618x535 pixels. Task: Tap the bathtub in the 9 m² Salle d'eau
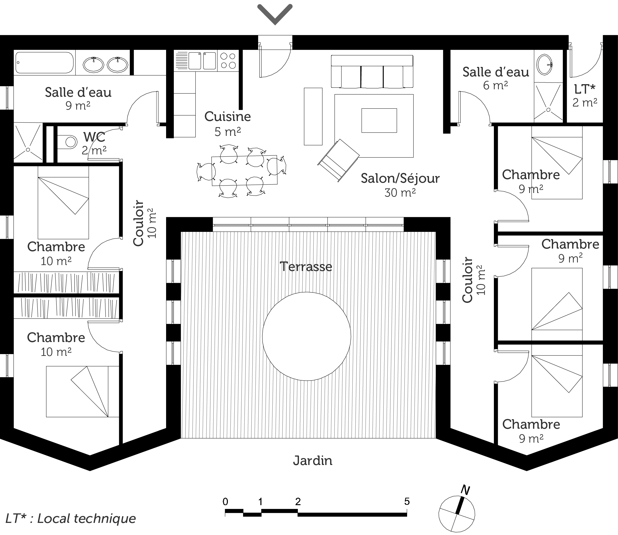(45, 62)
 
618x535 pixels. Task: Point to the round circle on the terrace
(306, 336)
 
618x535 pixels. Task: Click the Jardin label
(312, 461)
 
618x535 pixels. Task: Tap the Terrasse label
(306, 267)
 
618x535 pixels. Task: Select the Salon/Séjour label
(400, 179)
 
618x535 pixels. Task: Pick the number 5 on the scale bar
(407, 502)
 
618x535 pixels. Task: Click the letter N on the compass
(465, 490)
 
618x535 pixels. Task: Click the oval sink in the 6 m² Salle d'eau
(544, 65)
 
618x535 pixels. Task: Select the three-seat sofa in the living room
(372, 72)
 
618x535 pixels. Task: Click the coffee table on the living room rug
(379, 120)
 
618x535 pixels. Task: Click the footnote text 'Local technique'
(86, 519)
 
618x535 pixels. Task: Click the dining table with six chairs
(244, 170)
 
